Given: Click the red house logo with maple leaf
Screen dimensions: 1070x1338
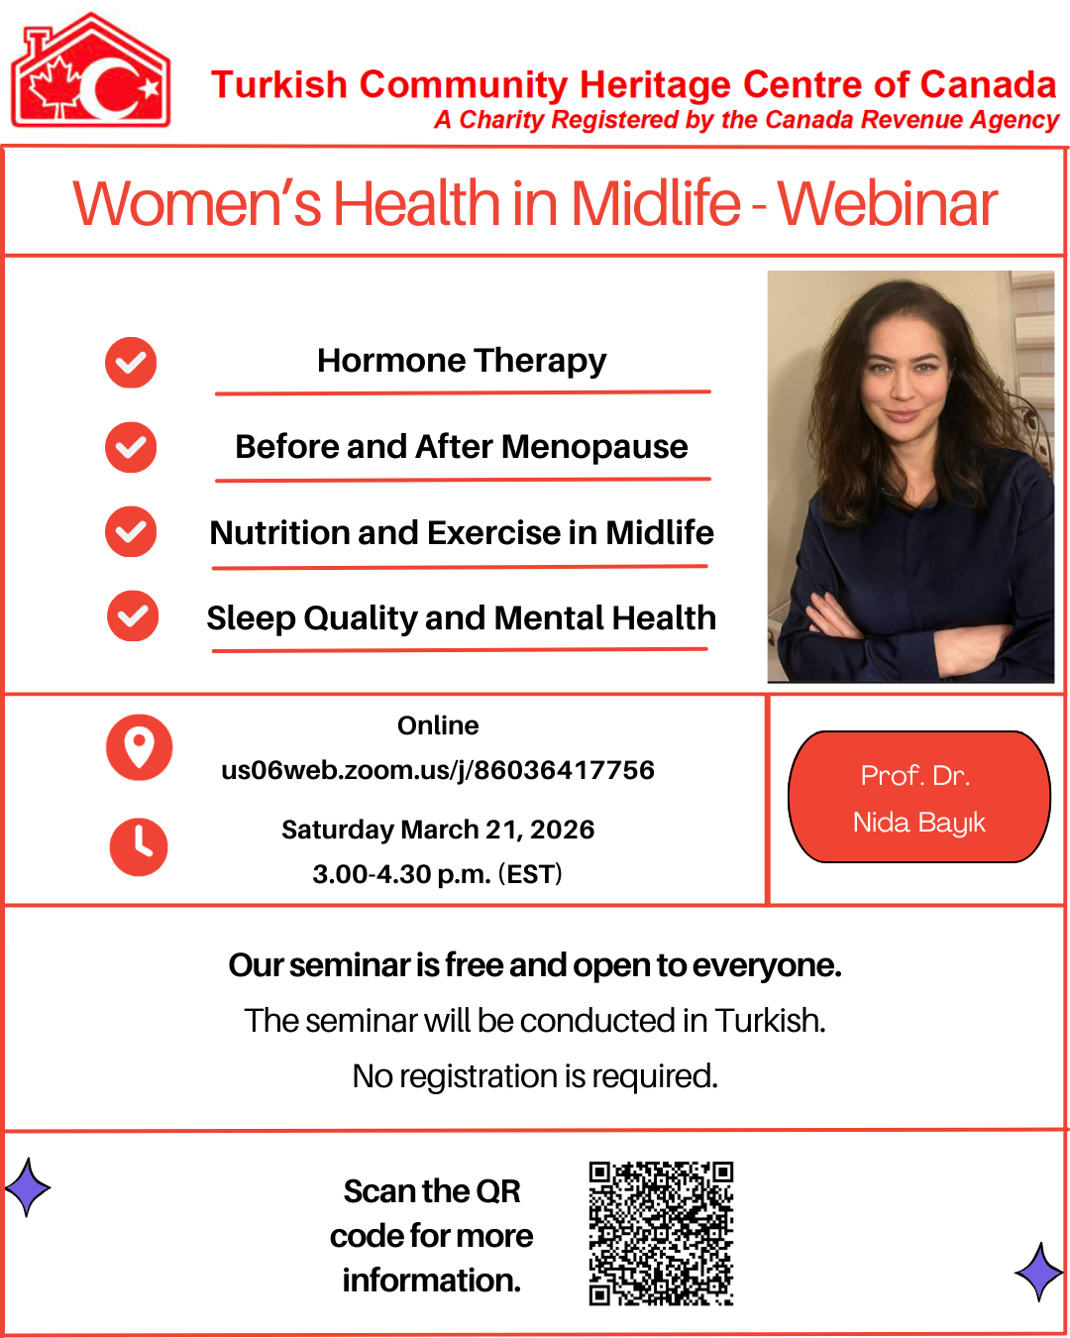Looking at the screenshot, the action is click(90, 69).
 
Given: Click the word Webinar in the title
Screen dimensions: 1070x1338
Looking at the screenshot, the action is click(888, 203).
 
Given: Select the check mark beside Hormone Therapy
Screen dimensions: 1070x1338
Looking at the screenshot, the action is click(131, 363).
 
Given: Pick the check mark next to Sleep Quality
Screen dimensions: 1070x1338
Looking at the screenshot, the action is click(133, 615).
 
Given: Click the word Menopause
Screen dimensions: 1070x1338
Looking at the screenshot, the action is click(594, 448).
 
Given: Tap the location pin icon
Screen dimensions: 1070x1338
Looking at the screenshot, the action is click(140, 747).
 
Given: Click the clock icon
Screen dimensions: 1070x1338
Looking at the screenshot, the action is click(139, 846).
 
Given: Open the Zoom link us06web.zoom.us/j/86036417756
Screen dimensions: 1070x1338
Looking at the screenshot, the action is click(438, 770).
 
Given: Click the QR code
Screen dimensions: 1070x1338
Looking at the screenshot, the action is click(661, 1234).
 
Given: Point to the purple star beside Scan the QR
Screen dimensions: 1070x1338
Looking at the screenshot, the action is click(28, 1187).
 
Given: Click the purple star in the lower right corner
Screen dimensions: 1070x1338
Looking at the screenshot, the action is click(1039, 1273).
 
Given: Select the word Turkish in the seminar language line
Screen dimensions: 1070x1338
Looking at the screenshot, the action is click(770, 1021).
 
